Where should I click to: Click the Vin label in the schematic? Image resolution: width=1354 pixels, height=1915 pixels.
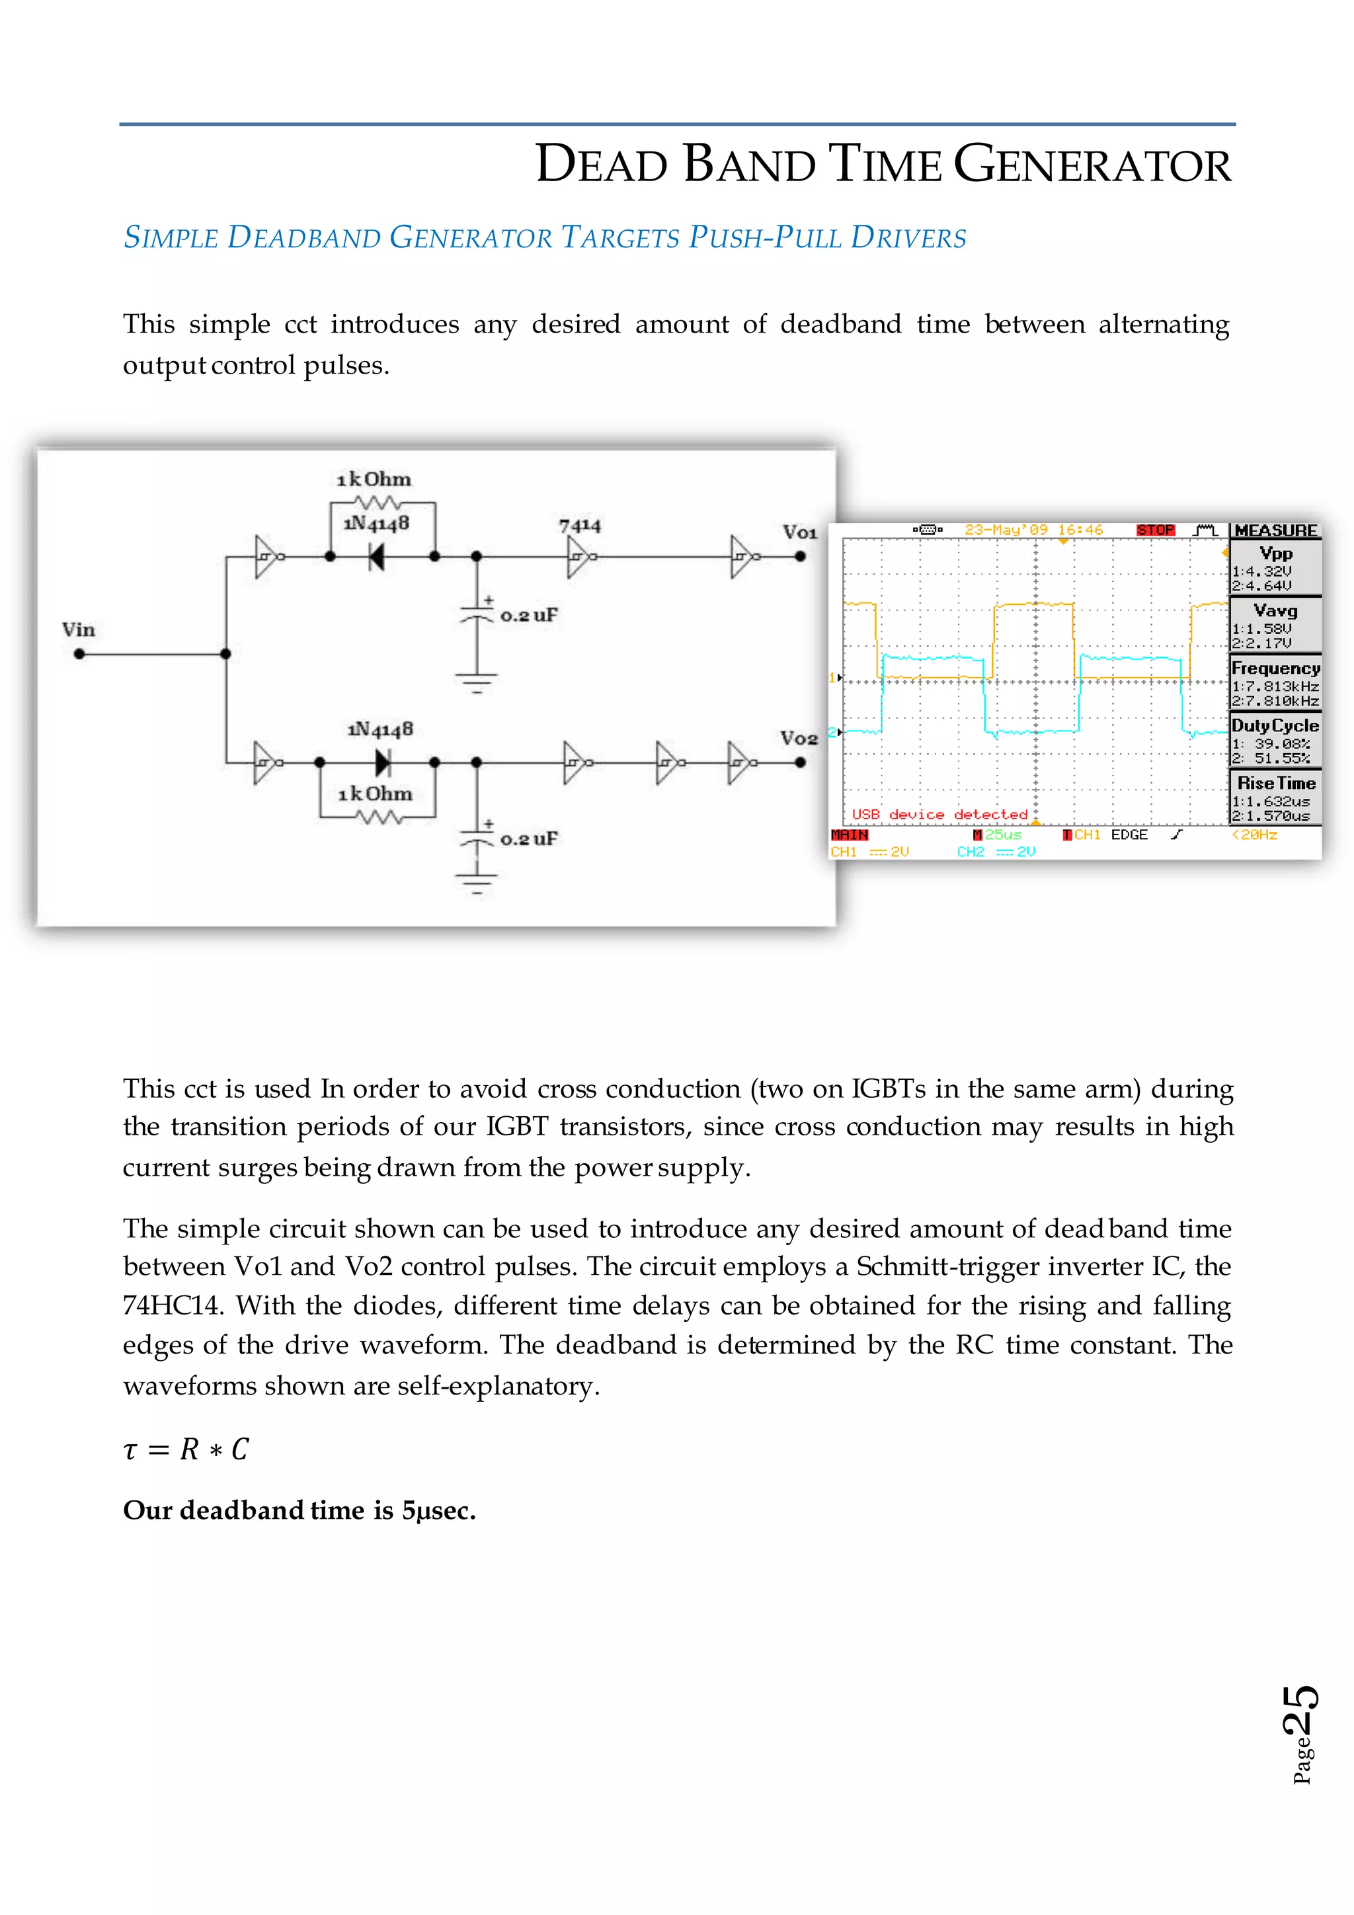[x=79, y=630]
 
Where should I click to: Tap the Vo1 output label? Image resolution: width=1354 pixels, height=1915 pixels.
[x=799, y=532]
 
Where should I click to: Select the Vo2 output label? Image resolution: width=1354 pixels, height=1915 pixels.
[x=798, y=738]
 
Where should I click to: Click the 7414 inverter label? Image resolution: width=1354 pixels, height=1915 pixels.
[x=579, y=526]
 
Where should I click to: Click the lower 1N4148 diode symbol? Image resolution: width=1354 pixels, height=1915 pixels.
[x=383, y=762]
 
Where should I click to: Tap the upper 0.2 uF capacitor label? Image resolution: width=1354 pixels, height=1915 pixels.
[x=529, y=616]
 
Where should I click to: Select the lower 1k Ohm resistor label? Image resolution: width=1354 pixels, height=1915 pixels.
[x=375, y=794]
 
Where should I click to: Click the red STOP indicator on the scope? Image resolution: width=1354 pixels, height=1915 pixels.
[x=1155, y=530]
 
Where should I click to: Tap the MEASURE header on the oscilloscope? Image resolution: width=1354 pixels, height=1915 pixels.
[x=1275, y=530]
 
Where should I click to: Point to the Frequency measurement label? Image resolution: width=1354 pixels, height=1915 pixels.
[x=1275, y=668]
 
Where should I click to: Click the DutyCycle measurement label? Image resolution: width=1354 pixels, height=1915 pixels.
[x=1275, y=725]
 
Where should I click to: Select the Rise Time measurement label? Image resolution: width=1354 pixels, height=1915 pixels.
[x=1275, y=783]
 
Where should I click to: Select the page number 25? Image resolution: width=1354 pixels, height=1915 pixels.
[x=1300, y=1710]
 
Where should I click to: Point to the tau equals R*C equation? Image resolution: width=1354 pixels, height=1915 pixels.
[x=185, y=1449]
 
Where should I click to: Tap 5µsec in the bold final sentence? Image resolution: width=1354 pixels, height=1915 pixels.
[x=438, y=1510]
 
